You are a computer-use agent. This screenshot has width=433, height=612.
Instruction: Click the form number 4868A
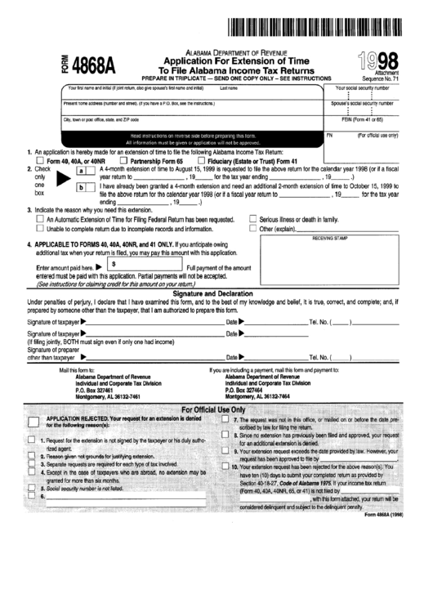tap(92, 63)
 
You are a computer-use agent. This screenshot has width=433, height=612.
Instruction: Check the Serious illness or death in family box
tap(252, 220)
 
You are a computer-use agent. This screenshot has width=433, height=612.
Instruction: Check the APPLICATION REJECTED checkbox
tap(32, 422)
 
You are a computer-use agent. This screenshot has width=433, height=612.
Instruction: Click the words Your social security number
tap(361, 87)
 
